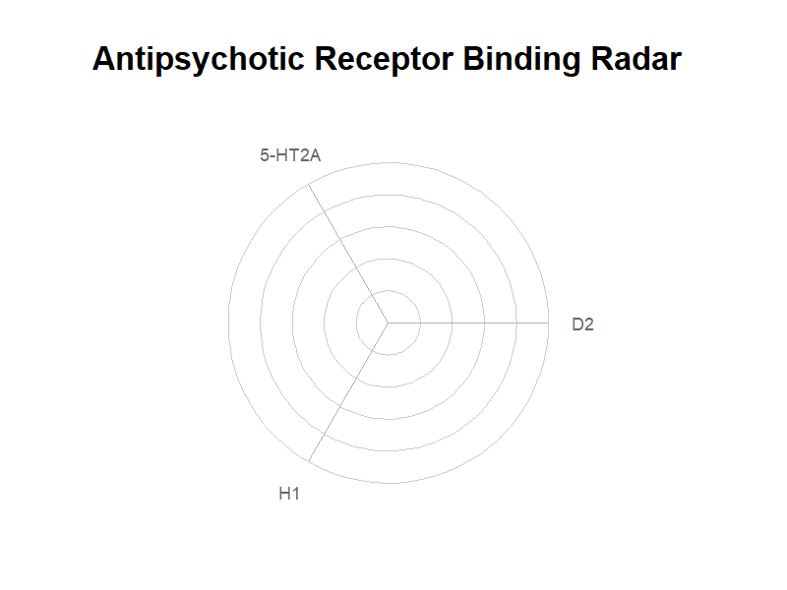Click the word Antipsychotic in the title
pos(199,59)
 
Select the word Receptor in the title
pos(384,59)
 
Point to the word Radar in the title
pos(636,58)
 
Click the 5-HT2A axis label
pos(290,155)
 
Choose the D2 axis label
pos(582,324)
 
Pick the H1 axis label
pos(289,494)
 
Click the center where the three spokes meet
pos(388,324)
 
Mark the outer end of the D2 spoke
pos(549,324)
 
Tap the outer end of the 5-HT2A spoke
pos(308,184)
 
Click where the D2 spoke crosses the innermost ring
pos(420,324)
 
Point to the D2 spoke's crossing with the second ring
pos(453,324)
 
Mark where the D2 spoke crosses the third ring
pos(484,324)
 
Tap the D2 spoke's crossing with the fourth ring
pos(516,324)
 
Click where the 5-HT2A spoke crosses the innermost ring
pos(372,296)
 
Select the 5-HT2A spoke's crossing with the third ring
pos(339,240)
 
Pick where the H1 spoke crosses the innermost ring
pos(372,351)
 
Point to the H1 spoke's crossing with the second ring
pos(356,379)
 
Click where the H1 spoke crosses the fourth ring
pos(324,435)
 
